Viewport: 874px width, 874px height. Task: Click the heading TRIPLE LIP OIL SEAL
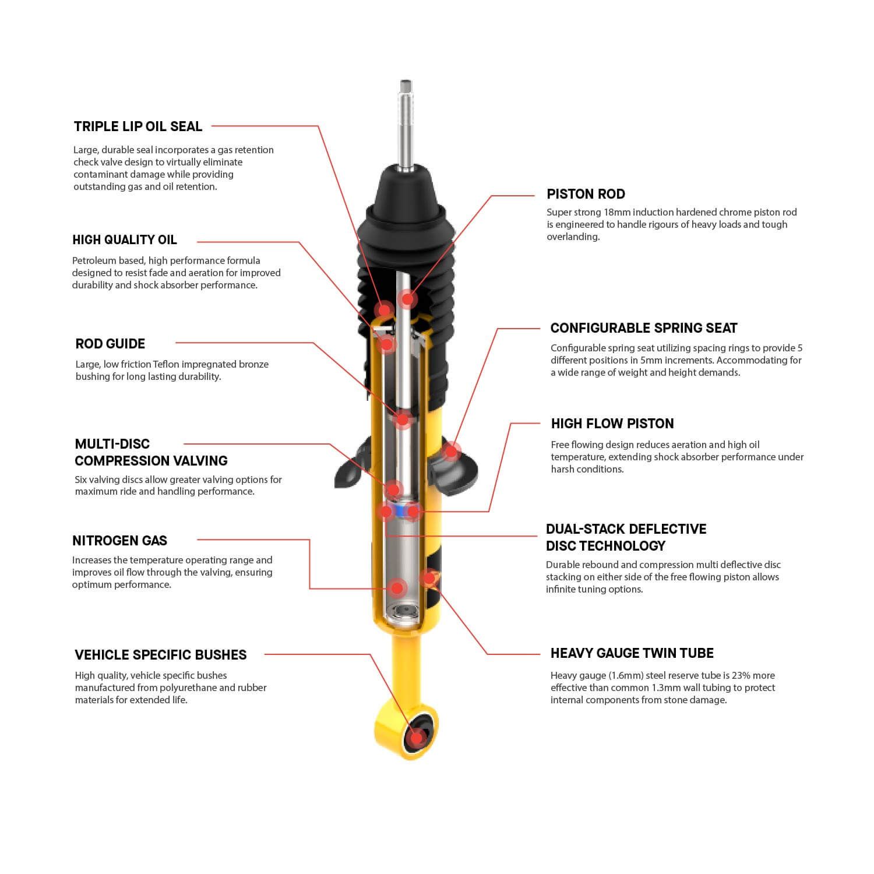138,126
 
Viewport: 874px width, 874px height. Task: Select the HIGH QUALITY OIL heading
124,240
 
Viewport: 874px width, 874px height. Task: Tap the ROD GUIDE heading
110,344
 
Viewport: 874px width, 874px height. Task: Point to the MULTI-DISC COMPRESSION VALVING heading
151,452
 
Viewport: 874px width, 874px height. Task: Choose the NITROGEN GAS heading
119,541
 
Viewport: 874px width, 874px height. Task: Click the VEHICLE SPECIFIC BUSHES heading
160,655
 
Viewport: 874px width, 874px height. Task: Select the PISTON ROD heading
586,194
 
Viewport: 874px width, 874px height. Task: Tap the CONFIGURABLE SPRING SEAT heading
643,328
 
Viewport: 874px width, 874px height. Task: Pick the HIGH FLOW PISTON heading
612,424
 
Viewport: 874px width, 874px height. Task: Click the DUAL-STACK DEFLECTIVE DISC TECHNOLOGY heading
626,537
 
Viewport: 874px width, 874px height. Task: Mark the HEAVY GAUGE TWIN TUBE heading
632,653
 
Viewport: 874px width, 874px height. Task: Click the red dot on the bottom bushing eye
416,738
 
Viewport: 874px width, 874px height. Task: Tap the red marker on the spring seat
450,450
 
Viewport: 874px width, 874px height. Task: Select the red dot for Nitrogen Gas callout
397,588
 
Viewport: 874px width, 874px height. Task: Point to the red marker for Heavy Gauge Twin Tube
428,577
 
